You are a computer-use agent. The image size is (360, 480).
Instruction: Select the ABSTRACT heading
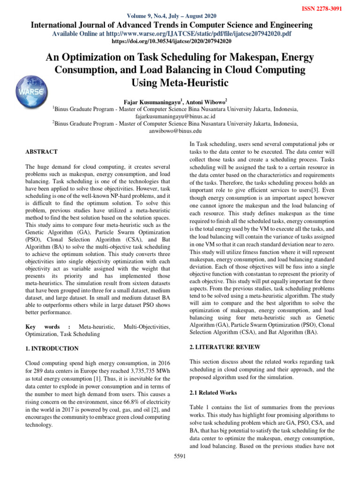[x=41, y=152]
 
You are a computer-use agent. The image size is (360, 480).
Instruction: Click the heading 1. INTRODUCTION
[x=52, y=349]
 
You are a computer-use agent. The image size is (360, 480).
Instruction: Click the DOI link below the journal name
[x=180, y=41]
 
